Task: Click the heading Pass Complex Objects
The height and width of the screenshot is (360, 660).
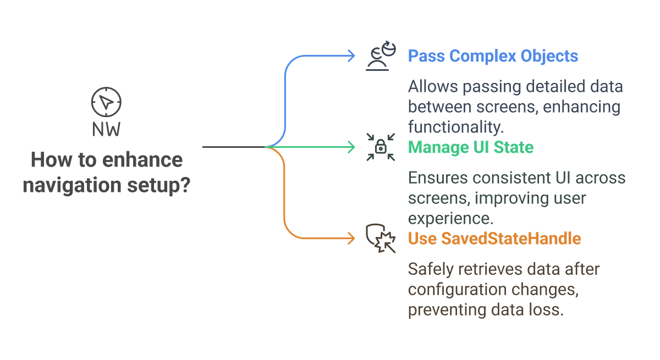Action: click(x=493, y=56)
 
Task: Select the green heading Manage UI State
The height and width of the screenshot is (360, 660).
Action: click(x=470, y=147)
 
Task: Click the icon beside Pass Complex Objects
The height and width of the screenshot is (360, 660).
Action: click(x=381, y=56)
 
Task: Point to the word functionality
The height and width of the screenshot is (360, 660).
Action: click(x=455, y=127)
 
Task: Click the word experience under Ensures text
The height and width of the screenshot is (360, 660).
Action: click(x=449, y=218)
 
